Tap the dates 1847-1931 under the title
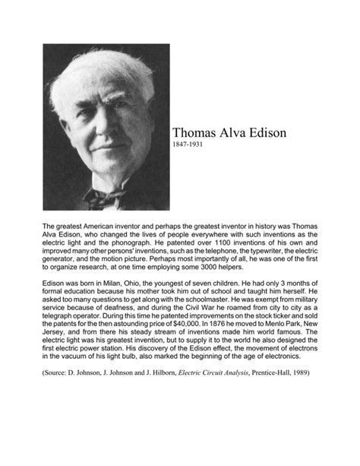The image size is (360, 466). (x=191, y=144)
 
